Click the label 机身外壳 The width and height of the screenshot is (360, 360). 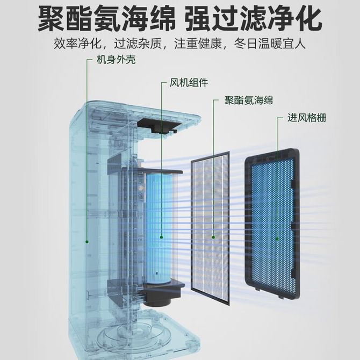point(116,60)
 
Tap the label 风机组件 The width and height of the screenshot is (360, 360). point(189,83)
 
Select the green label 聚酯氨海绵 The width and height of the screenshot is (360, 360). point(249,100)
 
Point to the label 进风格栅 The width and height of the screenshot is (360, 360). point(307,118)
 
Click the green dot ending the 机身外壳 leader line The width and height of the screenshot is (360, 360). point(87,242)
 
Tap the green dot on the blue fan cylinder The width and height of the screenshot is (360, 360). point(161,237)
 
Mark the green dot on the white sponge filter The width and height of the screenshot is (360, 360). point(213,237)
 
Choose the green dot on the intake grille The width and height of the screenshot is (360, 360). point(277,239)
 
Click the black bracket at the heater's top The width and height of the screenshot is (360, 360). point(160,125)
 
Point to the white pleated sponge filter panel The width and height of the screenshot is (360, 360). point(211,228)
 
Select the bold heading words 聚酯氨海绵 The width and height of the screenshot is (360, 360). point(107,18)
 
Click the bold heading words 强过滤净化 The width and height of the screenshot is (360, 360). point(254,18)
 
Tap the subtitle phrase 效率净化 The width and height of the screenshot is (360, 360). point(77,44)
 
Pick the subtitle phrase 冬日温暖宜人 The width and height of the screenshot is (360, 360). point(270,44)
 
